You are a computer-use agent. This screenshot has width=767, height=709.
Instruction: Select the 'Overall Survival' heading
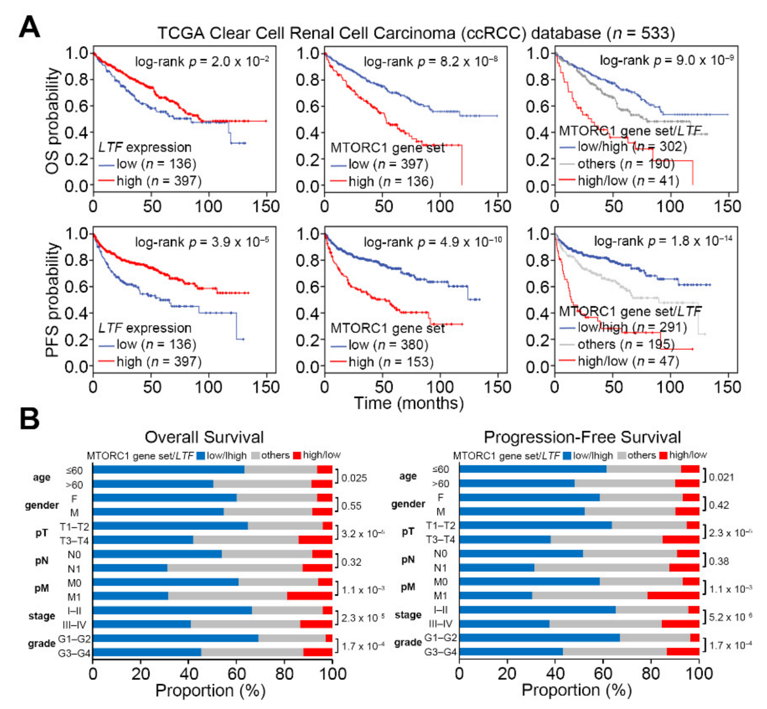[x=204, y=437]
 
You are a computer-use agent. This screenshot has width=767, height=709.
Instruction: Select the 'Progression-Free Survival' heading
[x=582, y=437]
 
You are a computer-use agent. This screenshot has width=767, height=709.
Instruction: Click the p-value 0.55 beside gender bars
[x=351, y=506]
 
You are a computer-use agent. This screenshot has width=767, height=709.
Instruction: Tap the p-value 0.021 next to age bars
[x=721, y=477]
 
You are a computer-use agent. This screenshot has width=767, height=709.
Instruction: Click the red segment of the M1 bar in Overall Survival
[x=310, y=596]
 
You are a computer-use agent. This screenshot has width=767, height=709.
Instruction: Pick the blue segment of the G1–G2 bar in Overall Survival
[x=175, y=638]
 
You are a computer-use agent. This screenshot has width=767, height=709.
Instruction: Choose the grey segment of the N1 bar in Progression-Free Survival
[x=602, y=567]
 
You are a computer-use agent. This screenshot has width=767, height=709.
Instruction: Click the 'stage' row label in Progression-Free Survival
[x=408, y=615]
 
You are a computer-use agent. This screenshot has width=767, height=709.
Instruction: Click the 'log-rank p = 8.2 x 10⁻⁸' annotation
[x=431, y=61]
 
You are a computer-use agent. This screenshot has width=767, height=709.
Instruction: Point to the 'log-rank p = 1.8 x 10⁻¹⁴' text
[x=663, y=241]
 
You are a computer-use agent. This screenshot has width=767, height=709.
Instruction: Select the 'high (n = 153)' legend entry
[x=391, y=362]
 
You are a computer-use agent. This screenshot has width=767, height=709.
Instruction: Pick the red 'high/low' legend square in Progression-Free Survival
[x=663, y=455]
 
